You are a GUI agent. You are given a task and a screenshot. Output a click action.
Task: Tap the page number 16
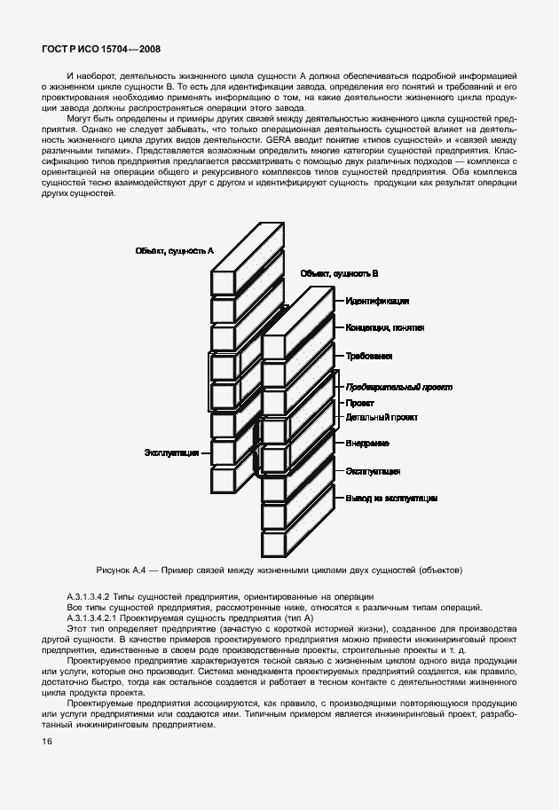48,741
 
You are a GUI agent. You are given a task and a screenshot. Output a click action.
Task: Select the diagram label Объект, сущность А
175,251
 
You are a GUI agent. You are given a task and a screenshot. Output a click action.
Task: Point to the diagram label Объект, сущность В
339,275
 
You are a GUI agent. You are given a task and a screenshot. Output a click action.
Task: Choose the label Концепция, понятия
384,328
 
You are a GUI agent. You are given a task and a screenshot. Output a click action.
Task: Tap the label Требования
369,357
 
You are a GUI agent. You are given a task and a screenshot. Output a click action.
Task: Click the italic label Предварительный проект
398,388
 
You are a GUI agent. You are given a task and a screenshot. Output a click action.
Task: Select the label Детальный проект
382,417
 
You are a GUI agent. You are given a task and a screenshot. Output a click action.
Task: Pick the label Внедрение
367,443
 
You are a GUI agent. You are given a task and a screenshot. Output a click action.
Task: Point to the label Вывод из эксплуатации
391,499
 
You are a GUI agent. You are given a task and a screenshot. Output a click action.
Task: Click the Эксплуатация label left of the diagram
171,452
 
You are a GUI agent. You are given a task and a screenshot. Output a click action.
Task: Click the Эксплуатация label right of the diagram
373,471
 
